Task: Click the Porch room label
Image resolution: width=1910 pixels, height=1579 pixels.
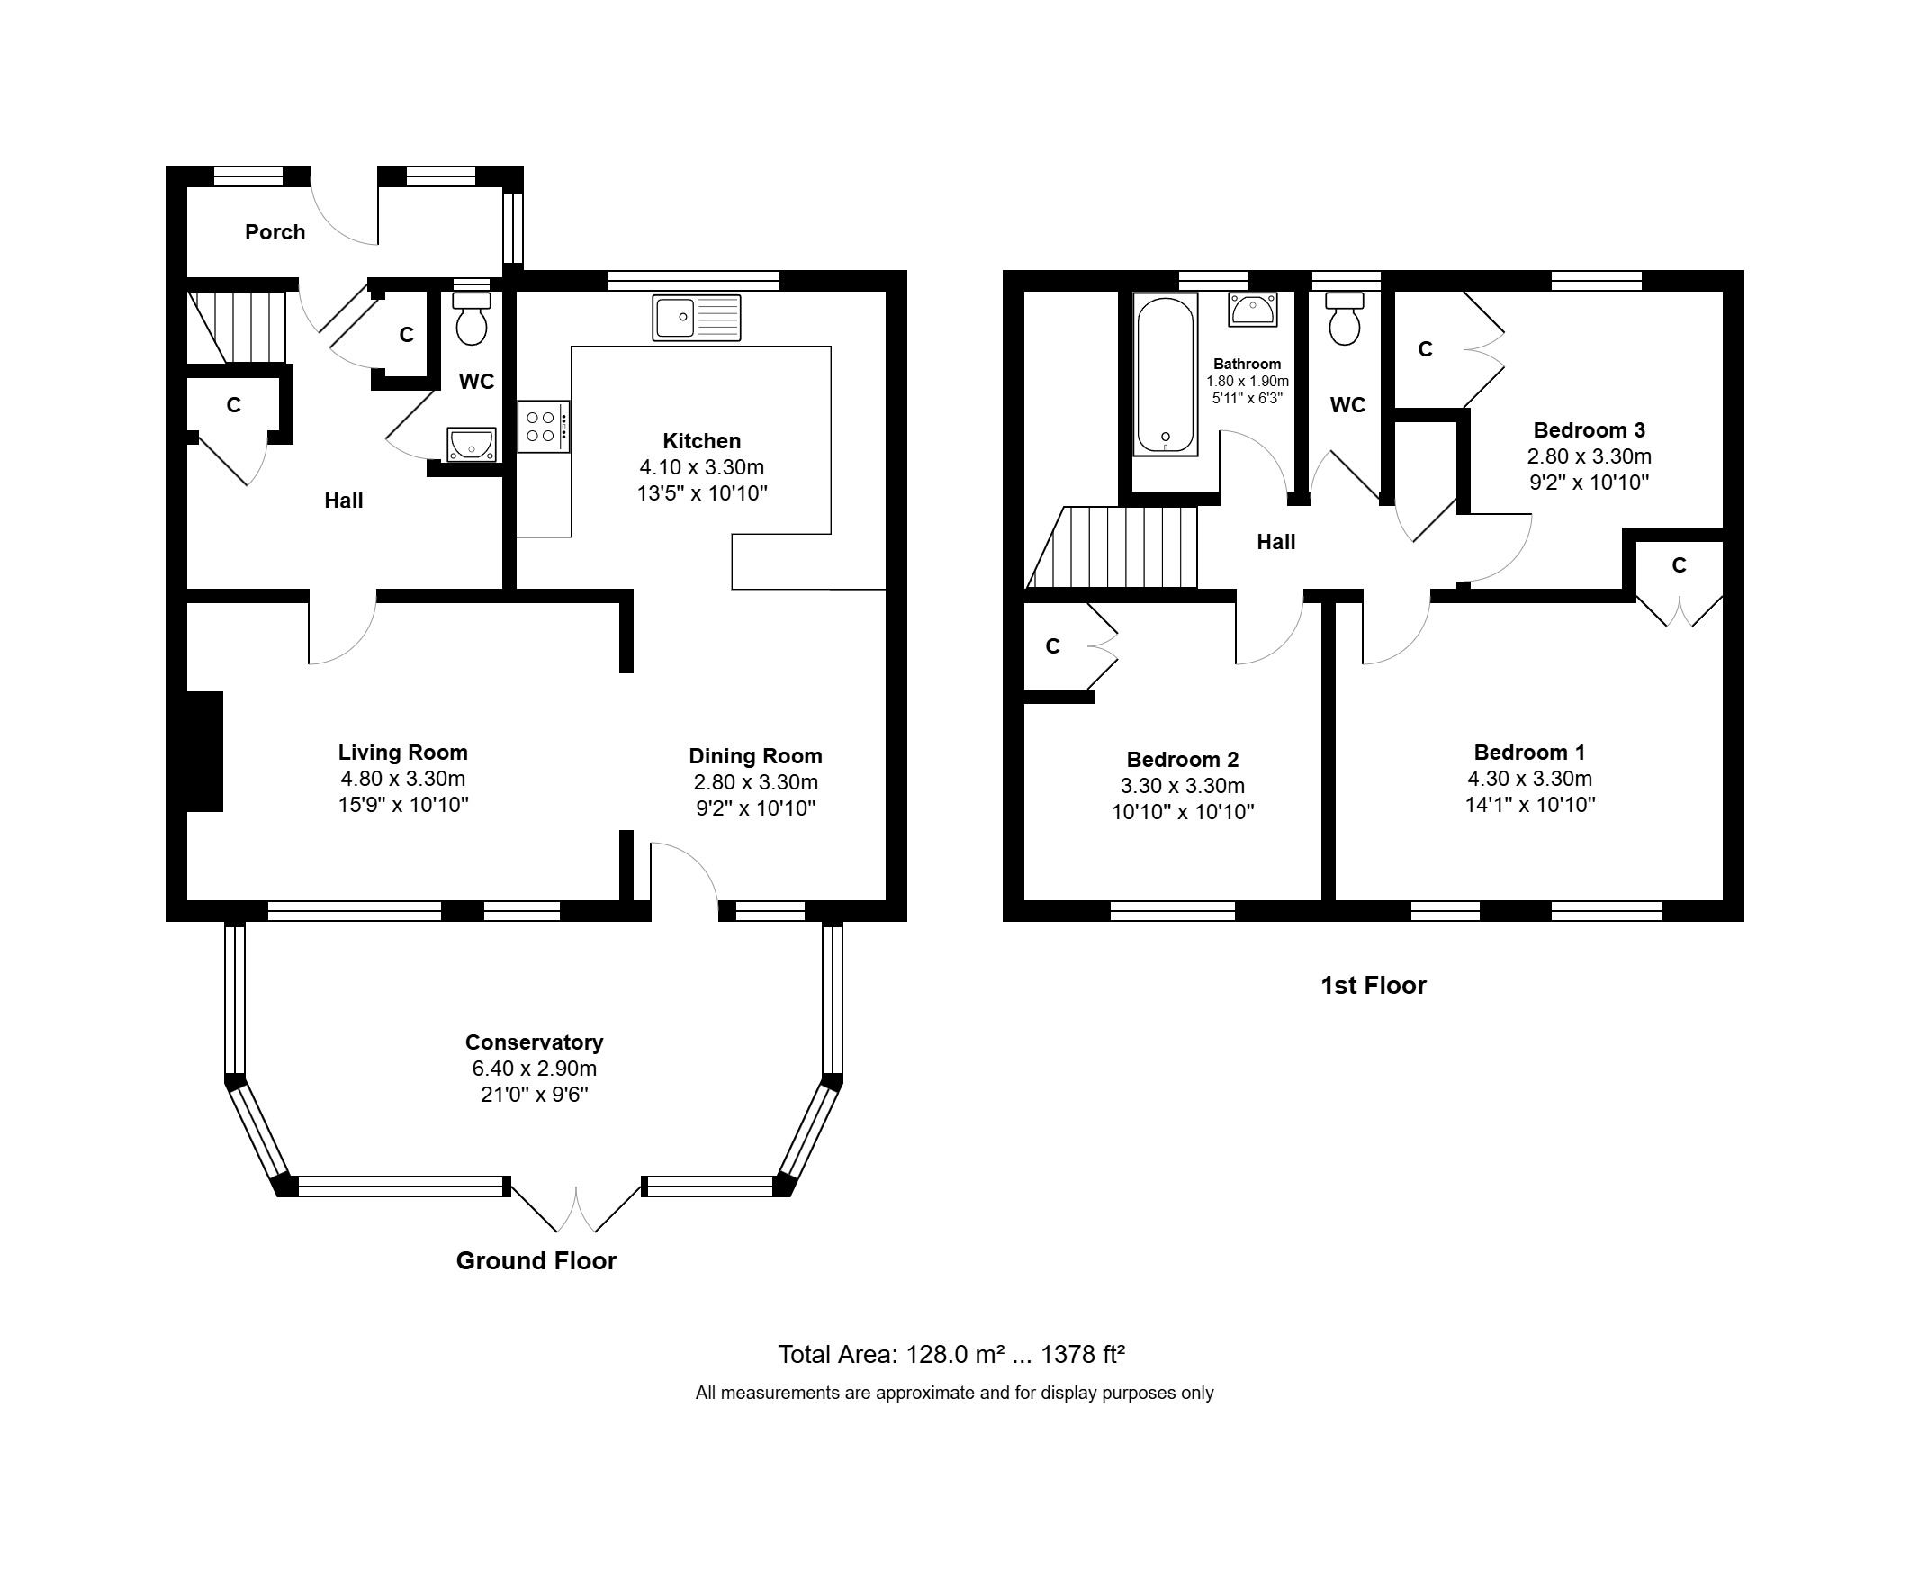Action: [x=275, y=233]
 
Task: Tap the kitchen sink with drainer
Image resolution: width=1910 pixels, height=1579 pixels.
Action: [x=697, y=319]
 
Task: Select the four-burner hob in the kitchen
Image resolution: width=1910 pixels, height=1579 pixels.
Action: [x=544, y=427]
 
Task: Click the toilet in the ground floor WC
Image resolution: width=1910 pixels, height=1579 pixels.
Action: [x=471, y=319]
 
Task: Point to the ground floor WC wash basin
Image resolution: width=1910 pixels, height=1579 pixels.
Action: [x=471, y=445]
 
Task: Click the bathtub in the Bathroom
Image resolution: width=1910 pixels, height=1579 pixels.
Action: [x=1165, y=374]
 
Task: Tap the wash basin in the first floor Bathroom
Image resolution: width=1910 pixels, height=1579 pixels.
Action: [x=1252, y=310]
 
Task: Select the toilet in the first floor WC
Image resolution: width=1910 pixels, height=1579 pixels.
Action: [x=1344, y=320]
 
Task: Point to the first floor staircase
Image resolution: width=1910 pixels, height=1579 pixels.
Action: [x=1112, y=547]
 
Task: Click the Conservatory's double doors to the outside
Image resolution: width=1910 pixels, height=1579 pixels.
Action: [x=576, y=1206]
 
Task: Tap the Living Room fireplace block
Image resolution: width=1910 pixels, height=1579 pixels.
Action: [x=204, y=752]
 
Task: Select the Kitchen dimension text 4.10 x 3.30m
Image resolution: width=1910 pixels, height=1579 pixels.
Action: [x=701, y=467]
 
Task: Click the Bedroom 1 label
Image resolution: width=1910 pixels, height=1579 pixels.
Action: [x=1529, y=753]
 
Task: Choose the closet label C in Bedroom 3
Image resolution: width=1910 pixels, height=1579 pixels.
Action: [x=1425, y=349]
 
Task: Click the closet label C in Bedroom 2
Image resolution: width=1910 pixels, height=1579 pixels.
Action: [x=1052, y=646]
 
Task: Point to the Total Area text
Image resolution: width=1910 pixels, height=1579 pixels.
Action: [x=951, y=1354]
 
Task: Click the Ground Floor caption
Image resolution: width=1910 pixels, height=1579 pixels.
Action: [x=536, y=1260]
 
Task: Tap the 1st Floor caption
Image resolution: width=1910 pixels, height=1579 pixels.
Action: [x=1374, y=986]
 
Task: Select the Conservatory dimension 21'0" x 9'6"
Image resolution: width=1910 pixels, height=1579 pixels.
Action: [x=535, y=1095]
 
